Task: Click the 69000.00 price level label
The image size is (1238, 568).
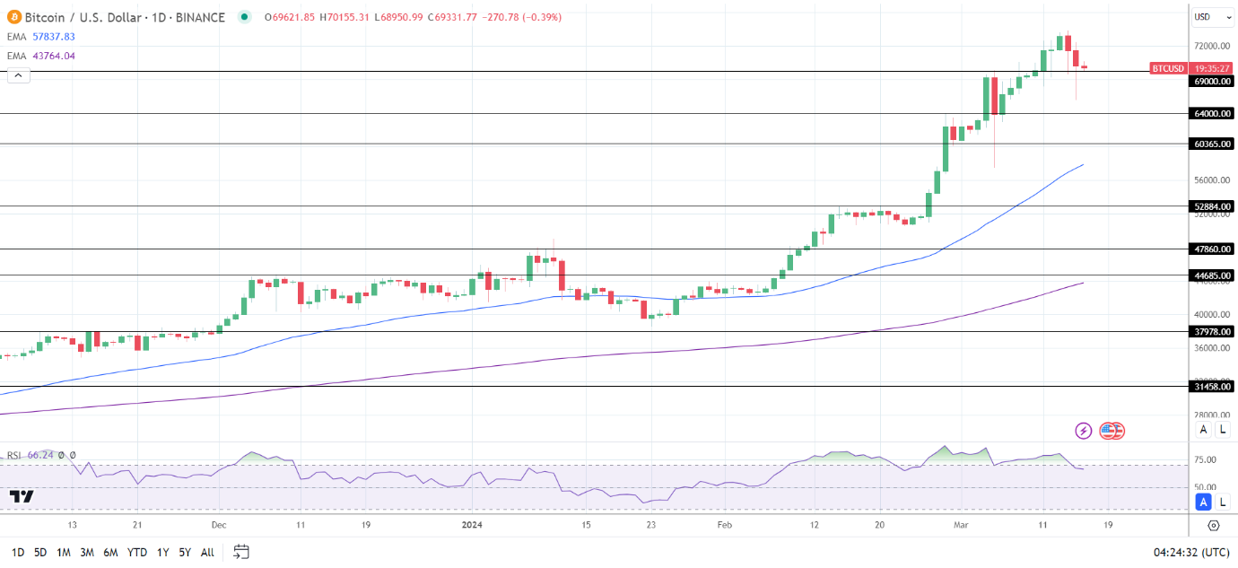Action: coord(1211,81)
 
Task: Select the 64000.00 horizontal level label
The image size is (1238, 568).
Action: coord(1211,113)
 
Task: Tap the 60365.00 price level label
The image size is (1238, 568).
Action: coord(1211,144)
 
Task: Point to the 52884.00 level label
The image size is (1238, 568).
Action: coord(1211,206)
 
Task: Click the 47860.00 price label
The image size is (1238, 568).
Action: coord(1211,249)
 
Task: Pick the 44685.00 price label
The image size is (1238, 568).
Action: coord(1211,275)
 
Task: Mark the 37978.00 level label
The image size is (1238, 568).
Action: coord(1211,331)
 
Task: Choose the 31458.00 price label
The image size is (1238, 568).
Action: coord(1211,387)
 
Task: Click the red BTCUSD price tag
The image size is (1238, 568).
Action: coord(1168,68)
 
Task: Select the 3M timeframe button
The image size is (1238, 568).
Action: coord(87,552)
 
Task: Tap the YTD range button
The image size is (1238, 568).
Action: coord(137,552)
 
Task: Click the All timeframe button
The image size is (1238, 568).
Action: coord(207,552)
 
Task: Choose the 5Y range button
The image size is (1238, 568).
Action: coord(184,552)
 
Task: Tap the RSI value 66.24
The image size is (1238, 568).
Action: coord(41,455)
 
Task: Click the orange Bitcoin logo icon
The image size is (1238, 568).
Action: coord(13,17)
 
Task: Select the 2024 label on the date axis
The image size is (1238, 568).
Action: coord(473,525)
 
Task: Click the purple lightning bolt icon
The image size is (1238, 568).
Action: coord(1084,431)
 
